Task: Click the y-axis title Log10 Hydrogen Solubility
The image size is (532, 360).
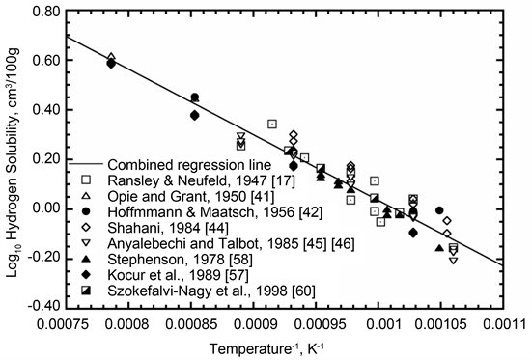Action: [x=14, y=159]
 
